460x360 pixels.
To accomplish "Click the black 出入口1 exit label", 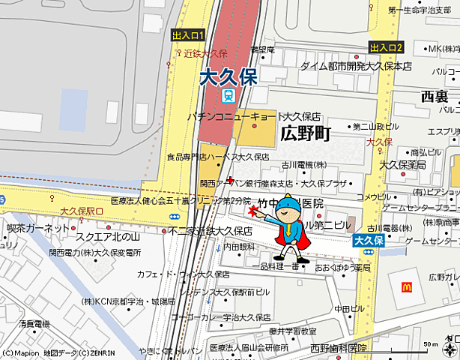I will click(187, 35).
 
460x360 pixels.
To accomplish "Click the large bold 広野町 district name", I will click(305, 134).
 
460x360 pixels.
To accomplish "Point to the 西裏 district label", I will click(435, 97).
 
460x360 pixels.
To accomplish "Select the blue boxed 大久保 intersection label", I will click(369, 241).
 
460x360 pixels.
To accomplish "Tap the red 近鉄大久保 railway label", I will click(205, 54).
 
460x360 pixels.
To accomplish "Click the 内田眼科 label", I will click(238, 247).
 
